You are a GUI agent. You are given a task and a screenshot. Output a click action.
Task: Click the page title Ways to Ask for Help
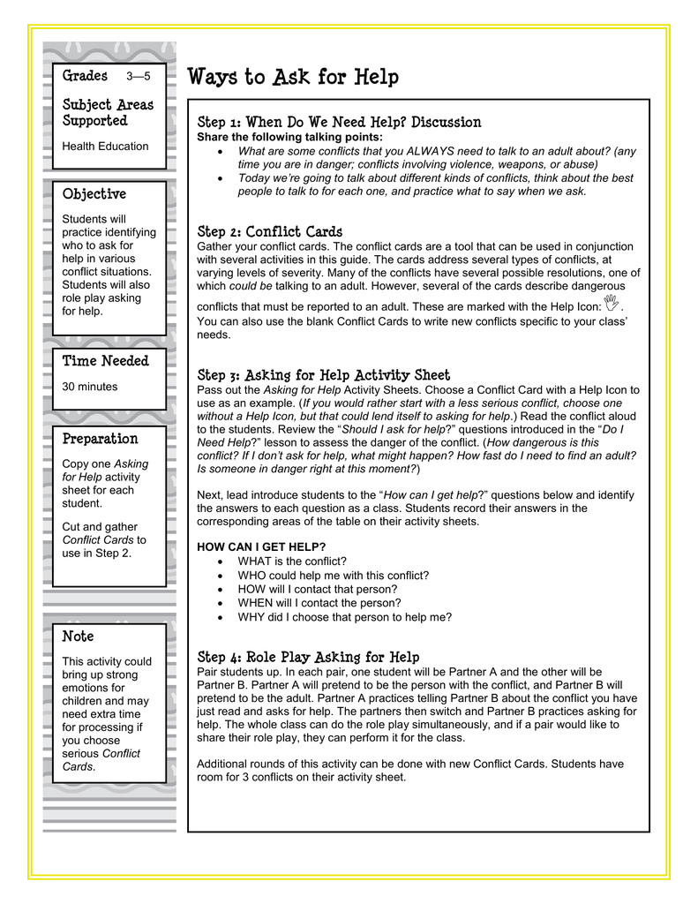coord(293,78)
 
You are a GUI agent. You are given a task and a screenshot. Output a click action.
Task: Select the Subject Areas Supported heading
coord(108,112)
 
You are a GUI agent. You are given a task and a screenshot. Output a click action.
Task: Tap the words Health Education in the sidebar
coord(105,147)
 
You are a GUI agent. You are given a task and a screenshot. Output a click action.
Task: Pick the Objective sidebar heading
coord(94,193)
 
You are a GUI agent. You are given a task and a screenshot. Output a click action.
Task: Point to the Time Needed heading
coord(106,360)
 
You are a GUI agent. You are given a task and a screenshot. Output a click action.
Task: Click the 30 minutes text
coord(89,387)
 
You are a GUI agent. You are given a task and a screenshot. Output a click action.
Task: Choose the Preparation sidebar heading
coord(101,438)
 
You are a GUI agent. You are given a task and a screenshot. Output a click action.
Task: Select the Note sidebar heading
coord(78,636)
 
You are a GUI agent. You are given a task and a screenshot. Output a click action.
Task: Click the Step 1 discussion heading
coord(339,122)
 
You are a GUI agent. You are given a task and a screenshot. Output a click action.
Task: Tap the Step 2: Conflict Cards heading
coord(269,231)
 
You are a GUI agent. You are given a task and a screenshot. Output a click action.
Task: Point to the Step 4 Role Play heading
coord(308,657)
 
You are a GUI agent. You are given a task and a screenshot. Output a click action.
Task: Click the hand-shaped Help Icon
coord(613,303)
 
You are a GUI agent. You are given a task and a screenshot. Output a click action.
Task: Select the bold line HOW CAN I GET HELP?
coord(261,547)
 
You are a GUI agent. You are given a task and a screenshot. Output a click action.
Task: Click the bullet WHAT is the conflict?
coord(292,561)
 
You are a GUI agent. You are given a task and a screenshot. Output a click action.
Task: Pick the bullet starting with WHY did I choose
coord(344,618)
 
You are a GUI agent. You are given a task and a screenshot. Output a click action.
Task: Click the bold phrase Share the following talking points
coord(289,137)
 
